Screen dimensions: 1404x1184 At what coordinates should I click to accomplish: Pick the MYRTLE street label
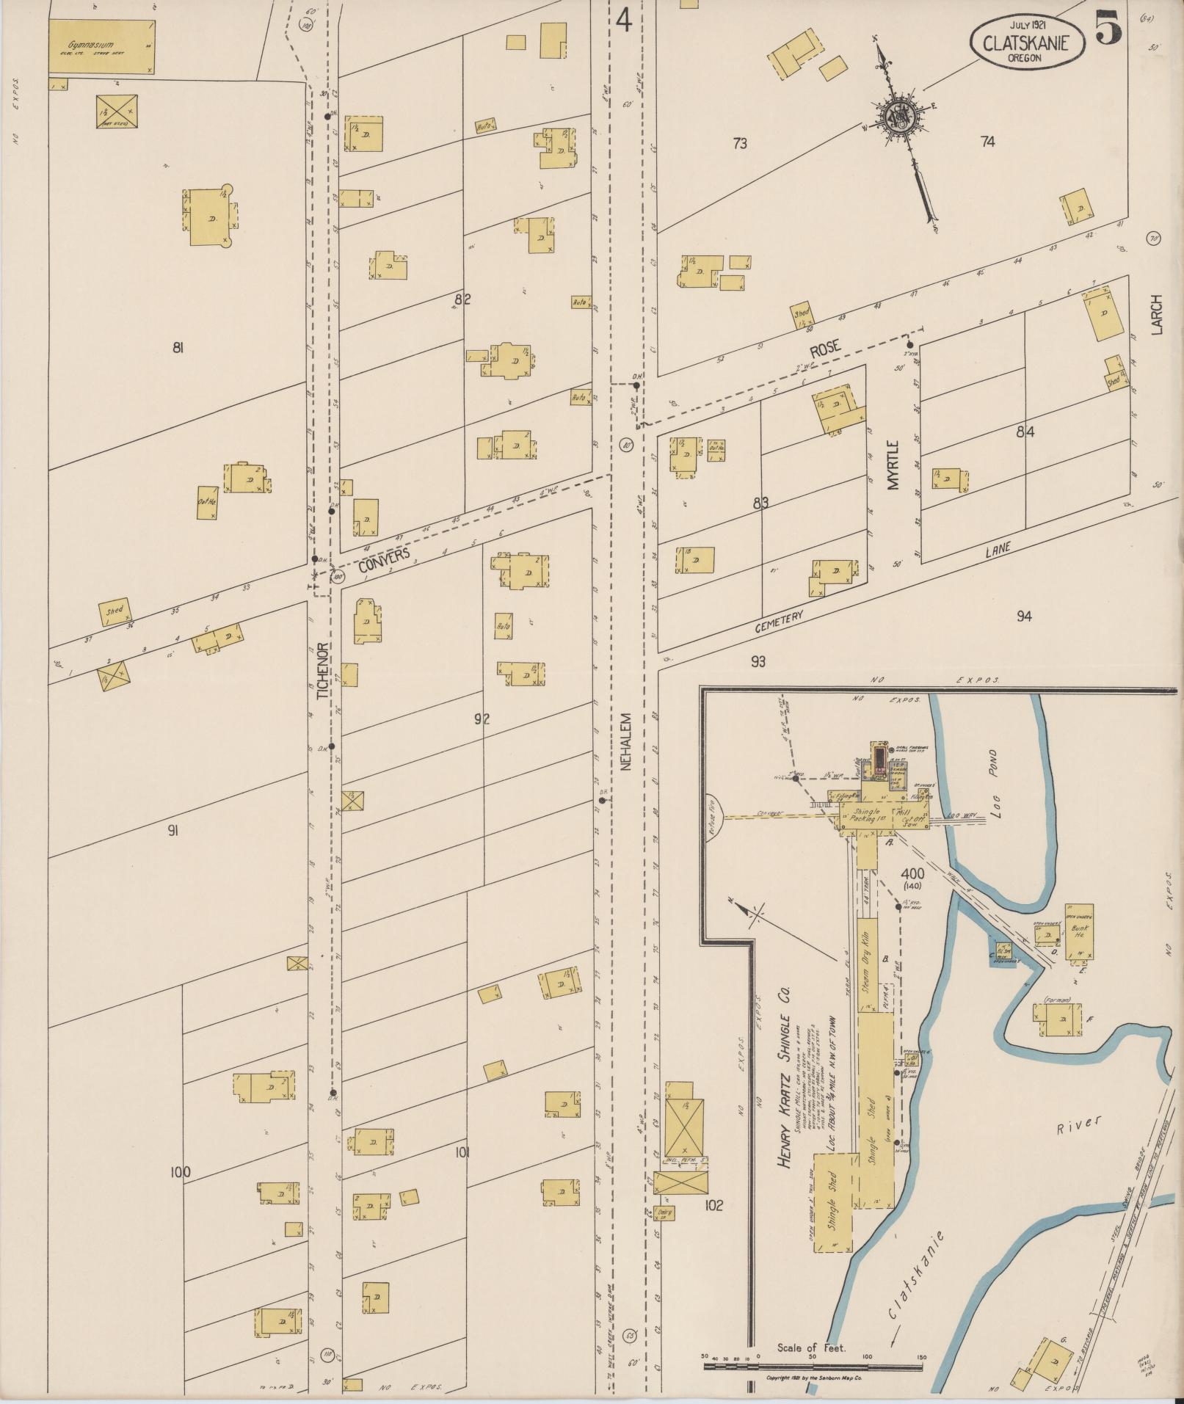(x=893, y=465)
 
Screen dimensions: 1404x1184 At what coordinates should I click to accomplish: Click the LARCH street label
(x=1158, y=315)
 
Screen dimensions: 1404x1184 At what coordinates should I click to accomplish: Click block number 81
(x=177, y=349)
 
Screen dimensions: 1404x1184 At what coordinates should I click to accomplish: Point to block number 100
(x=180, y=1173)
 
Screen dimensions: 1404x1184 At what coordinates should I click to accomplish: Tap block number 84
(x=1025, y=433)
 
